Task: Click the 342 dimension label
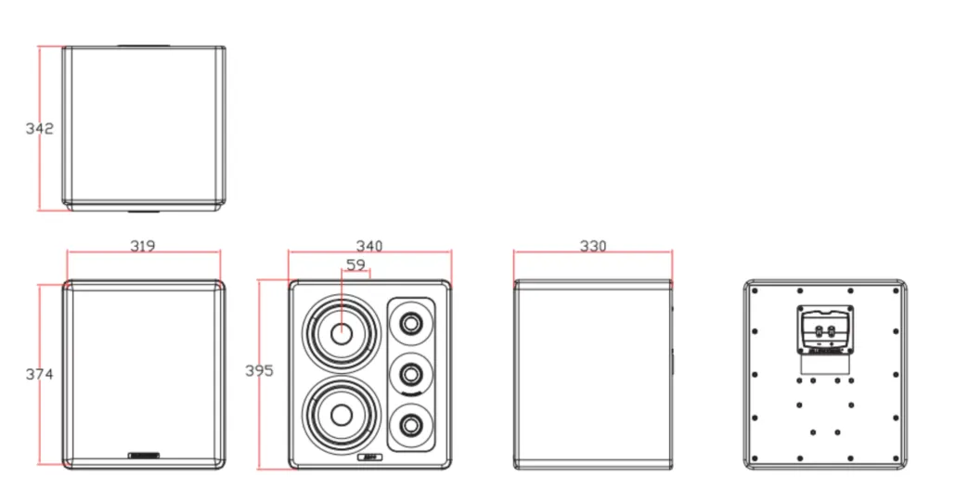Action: [39, 128]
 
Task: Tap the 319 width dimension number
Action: [142, 246]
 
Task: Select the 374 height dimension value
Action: [39, 374]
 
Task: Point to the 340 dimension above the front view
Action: [369, 246]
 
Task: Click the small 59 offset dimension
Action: [355, 264]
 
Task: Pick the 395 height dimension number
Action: [259, 370]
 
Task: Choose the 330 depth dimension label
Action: [593, 246]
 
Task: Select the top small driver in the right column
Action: [410, 324]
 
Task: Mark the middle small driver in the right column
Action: [410, 375]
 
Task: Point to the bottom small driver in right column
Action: [410, 426]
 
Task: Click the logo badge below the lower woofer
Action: [369, 457]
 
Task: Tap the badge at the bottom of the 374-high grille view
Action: [144, 455]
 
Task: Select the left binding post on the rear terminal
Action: [815, 328]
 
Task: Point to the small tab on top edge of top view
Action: [142, 45]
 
